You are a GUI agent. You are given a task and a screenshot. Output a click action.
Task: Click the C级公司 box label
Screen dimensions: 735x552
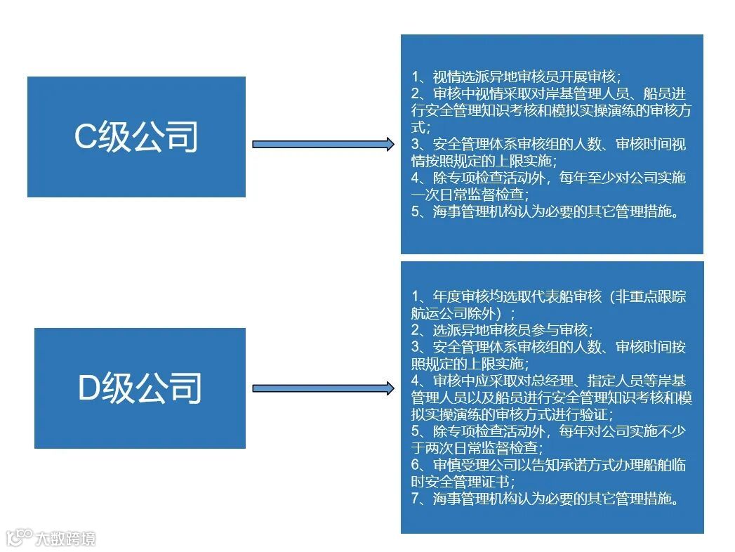click(136, 137)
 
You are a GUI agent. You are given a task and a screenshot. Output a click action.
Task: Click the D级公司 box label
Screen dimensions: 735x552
click(140, 388)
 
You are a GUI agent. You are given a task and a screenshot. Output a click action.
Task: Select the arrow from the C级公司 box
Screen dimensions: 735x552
click(323, 145)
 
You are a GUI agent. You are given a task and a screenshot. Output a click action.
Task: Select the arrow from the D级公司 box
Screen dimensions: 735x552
click(323, 388)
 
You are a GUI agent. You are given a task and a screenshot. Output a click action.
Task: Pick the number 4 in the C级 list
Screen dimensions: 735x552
click(416, 178)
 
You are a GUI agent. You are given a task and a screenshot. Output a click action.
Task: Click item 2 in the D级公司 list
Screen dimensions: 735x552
click(501, 329)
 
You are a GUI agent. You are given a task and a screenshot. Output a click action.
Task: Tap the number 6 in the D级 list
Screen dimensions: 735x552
click(416, 465)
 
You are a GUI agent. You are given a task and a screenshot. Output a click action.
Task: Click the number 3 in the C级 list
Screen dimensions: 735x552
click(416, 144)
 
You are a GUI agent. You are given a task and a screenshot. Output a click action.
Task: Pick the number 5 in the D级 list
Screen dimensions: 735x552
click(416, 431)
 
